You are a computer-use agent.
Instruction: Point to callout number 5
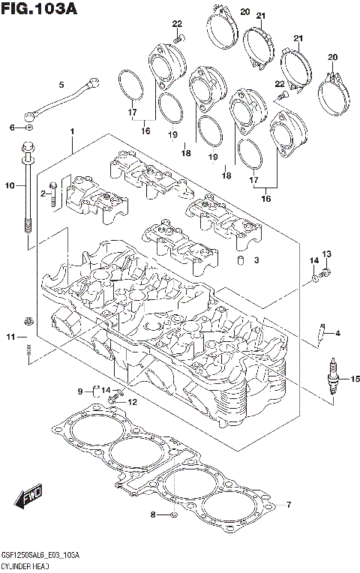click(61, 84)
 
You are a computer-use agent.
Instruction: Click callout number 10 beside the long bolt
click(10, 184)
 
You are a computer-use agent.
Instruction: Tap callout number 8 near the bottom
click(153, 514)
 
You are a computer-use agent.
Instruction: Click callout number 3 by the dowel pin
click(256, 260)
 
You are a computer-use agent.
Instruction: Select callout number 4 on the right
click(338, 333)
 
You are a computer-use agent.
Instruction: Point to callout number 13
click(326, 253)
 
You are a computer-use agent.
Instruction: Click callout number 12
click(132, 402)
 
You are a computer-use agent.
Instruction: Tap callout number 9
click(79, 391)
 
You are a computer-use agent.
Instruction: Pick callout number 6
click(12, 127)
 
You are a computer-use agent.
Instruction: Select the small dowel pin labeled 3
click(241, 261)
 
